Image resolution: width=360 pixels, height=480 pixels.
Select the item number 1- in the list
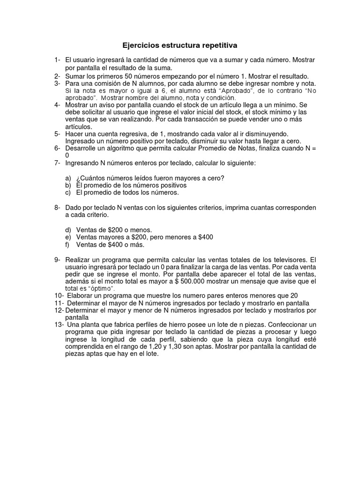pyautogui.click(x=57, y=60)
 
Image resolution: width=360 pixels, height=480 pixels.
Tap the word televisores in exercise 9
pyautogui.click(x=289, y=259)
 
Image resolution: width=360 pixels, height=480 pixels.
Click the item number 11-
pyautogui.click(x=59, y=303)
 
